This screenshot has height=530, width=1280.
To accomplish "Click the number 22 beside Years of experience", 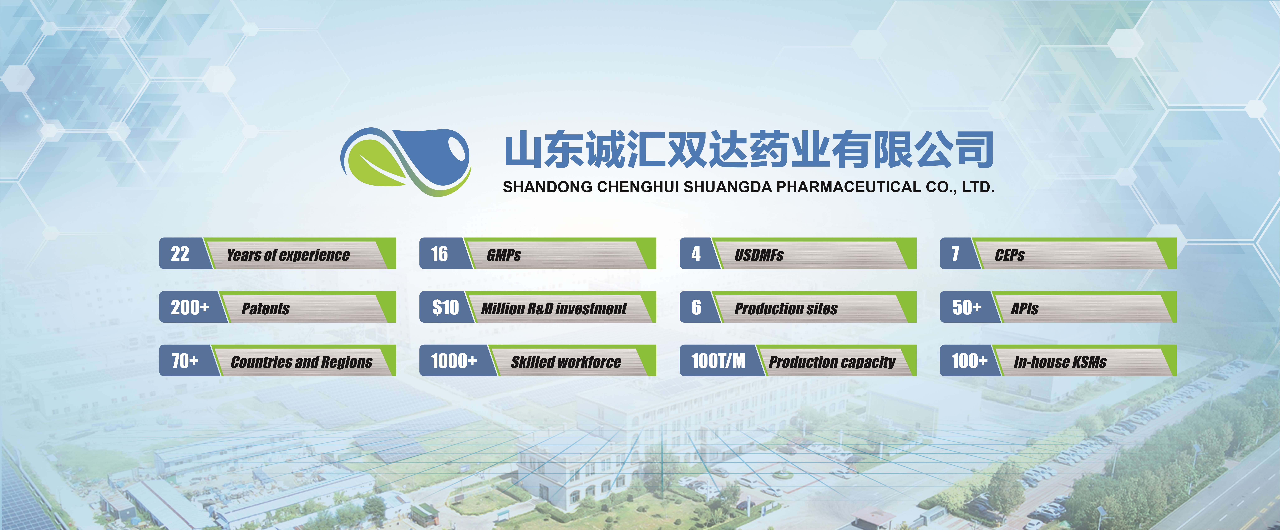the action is (180, 254).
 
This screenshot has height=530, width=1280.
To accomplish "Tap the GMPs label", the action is (504, 255).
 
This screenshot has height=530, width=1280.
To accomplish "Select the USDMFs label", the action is (759, 255).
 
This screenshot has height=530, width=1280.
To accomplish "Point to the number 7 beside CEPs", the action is (955, 254).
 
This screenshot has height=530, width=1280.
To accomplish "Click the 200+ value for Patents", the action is (190, 307).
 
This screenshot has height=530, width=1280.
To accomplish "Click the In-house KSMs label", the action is (1060, 362).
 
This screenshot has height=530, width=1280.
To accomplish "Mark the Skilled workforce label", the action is (566, 362).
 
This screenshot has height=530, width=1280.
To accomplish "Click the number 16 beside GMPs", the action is (439, 254).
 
